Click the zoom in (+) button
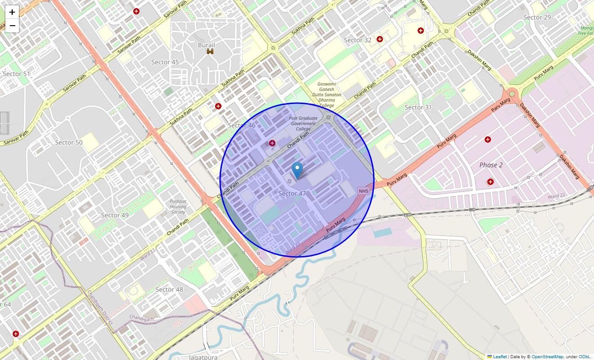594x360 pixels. (12, 12)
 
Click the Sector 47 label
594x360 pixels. (292, 193)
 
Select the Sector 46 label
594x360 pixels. (242, 125)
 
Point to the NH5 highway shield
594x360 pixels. (364, 191)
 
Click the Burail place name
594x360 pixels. (207, 45)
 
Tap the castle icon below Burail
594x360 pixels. (210, 52)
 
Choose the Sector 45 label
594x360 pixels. (165, 62)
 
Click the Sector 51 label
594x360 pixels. (17, 74)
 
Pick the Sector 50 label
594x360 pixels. (69, 142)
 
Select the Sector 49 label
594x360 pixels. (115, 215)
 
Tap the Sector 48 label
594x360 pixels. (169, 289)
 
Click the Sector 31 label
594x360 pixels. (418, 107)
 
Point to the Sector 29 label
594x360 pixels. (537, 17)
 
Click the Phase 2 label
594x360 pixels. (491, 165)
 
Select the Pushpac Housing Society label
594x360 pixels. (178, 207)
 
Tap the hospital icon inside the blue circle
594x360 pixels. (272, 143)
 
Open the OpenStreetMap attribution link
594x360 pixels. (547, 357)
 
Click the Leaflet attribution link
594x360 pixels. (499, 357)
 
